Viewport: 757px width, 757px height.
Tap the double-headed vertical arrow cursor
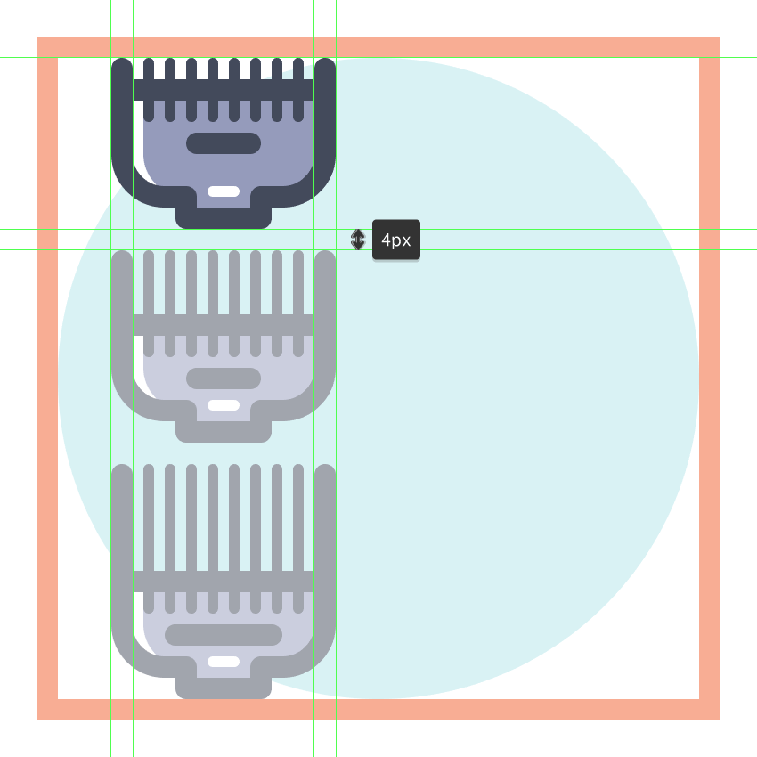point(358,240)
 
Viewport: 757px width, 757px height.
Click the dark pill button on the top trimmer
point(224,143)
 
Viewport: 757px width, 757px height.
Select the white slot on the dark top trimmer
point(224,191)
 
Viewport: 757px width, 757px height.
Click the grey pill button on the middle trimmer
point(224,378)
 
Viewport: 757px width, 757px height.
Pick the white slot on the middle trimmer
point(224,405)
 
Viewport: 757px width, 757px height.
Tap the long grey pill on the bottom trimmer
point(224,635)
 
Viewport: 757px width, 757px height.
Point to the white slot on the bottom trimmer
point(224,662)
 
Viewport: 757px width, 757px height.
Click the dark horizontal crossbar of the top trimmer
point(224,90)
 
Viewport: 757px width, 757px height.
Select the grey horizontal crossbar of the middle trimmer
point(224,325)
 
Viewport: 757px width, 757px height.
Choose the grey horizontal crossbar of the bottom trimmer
point(224,582)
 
